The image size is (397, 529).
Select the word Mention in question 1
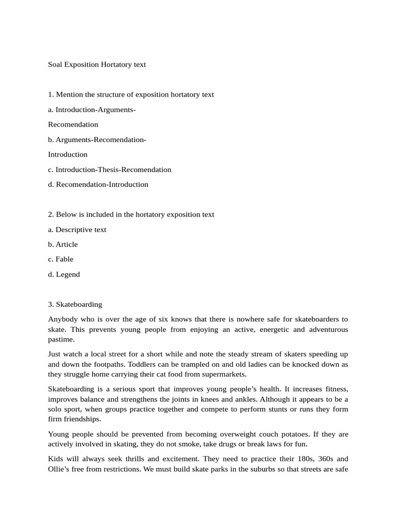(69, 95)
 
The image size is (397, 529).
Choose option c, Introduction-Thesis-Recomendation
(110, 169)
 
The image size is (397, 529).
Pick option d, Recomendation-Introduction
(98, 184)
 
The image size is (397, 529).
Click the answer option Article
(63, 244)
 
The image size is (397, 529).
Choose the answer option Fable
(60, 259)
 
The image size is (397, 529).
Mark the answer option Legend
(64, 274)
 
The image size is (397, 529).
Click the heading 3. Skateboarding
(75, 304)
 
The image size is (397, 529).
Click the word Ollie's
(61, 469)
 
